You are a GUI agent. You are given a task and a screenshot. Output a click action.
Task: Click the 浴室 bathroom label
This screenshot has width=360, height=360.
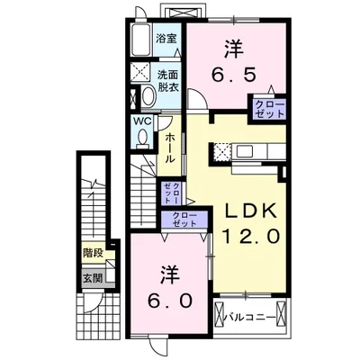point(166,39)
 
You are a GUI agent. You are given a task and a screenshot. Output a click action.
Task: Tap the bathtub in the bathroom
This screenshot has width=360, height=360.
point(141,40)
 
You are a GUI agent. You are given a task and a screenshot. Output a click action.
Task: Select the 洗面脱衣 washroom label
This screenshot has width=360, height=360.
point(168,81)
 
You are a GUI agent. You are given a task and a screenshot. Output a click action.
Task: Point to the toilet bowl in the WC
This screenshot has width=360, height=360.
point(143,137)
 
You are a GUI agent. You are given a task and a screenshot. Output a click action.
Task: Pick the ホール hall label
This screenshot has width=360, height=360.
point(170,148)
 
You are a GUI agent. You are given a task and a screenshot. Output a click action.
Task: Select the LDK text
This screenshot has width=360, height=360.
point(250,211)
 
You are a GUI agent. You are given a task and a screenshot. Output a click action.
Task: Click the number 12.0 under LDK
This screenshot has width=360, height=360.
point(251,236)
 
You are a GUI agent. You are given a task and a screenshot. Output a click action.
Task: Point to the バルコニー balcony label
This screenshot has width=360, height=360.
point(250,317)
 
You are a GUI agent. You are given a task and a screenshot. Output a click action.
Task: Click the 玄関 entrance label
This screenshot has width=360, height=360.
point(93,278)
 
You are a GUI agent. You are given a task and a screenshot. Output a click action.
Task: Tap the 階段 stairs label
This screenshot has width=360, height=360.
point(94,254)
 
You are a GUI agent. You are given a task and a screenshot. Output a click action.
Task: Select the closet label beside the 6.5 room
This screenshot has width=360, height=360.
point(269,109)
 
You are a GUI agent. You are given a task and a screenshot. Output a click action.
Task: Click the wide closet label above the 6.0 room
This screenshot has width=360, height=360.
point(184,220)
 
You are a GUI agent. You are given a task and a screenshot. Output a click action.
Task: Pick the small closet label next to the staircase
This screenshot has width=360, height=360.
point(171,193)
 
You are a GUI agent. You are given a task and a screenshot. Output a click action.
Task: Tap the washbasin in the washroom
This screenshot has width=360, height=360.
point(148,96)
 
